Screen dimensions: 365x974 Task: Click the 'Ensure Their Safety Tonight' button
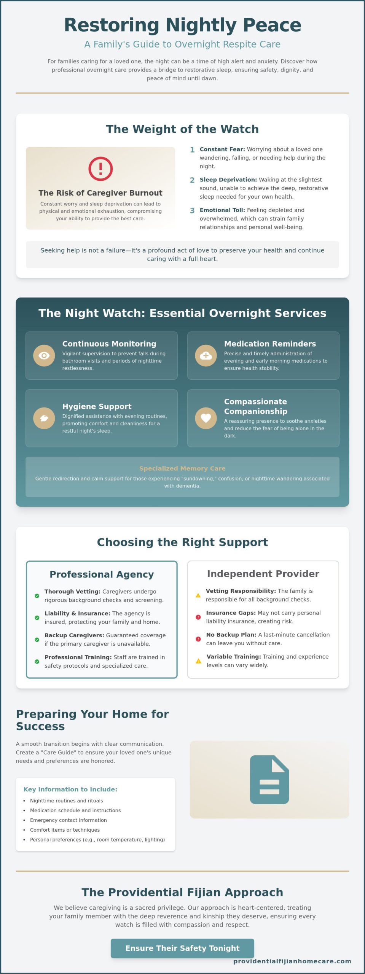[x=182, y=948]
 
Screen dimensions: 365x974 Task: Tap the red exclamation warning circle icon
[x=100, y=169]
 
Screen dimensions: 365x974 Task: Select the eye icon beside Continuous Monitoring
[x=44, y=355]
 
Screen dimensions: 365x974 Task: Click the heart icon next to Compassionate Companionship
[x=206, y=418]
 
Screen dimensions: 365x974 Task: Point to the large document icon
[x=269, y=780]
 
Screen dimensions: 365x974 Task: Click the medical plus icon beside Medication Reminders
[x=206, y=355]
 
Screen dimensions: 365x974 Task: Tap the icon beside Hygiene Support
[x=44, y=418]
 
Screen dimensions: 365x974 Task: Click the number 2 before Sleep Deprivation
[x=192, y=180]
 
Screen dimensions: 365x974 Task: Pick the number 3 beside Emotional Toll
[x=192, y=210]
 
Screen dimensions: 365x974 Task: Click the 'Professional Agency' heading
[x=102, y=574]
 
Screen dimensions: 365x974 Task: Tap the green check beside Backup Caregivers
[x=37, y=640]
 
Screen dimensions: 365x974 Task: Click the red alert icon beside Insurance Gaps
[x=198, y=617]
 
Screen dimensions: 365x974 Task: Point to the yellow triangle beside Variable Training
[x=198, y=661]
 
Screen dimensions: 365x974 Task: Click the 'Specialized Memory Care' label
[x=182, y=468]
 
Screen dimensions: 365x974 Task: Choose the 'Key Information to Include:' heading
[x=70, y=789]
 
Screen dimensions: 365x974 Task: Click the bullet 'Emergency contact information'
[x=69, y=820]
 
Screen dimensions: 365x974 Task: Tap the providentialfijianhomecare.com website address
[x=292, y=961]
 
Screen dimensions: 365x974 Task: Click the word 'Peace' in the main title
[x=272, y=25]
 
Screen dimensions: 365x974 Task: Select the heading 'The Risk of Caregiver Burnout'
[x=100, y=193]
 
